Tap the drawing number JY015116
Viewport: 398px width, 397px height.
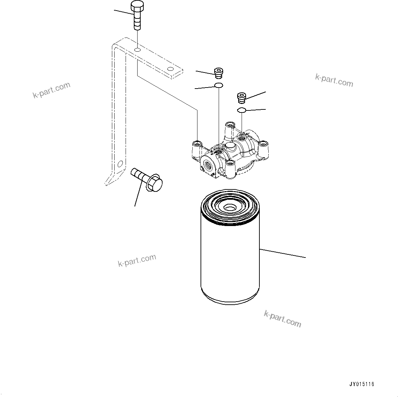[x=362, y=384]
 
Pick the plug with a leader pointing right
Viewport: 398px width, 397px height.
[x=242, y=97]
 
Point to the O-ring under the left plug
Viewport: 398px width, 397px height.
[x=219, y=85]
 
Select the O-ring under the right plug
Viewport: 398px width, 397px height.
[x=242, y=110]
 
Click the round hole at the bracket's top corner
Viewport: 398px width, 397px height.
[x=137, y=50]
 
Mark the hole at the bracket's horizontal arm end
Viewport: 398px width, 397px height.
[x=170, y=69]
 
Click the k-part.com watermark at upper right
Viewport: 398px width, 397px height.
[x=334, y=81]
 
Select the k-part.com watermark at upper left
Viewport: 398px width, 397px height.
[x=51, y=90]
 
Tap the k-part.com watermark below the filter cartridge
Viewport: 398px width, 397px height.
[x=282, y=319]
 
